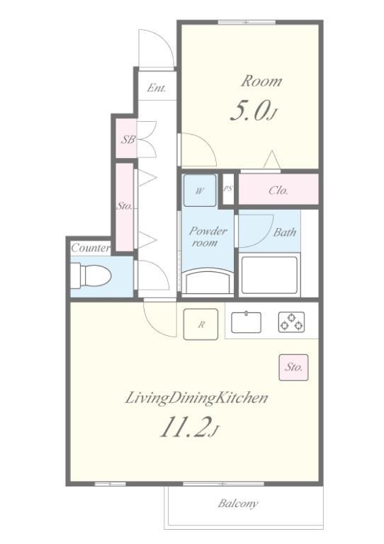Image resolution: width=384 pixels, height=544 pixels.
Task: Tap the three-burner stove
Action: point(291,322)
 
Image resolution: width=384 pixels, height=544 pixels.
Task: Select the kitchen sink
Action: point(246,322)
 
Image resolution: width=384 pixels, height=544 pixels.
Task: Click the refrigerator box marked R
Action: point(201,324)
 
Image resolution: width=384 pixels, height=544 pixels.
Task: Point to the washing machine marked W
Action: point(200,191)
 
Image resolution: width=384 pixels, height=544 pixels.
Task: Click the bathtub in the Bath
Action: point(269,275)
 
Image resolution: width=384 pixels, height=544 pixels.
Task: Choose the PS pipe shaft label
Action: point(228,188)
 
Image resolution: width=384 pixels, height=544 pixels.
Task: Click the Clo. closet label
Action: point(278,190)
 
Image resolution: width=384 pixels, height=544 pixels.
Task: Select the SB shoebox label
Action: point(128,140)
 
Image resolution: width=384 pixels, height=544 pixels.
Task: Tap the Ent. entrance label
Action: point(157,88)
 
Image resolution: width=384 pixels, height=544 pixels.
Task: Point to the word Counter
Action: point(91,248)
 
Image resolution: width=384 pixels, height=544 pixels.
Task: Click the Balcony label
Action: point(238,504)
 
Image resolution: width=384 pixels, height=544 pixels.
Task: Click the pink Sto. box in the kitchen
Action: point(293,367)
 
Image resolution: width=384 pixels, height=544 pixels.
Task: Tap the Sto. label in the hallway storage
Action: point(124,206)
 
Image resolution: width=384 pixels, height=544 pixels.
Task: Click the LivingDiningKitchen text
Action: point(196,397)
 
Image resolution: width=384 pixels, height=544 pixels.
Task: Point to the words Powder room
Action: point(208,237)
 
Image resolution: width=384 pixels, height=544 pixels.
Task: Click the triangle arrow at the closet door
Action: point(272,159)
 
